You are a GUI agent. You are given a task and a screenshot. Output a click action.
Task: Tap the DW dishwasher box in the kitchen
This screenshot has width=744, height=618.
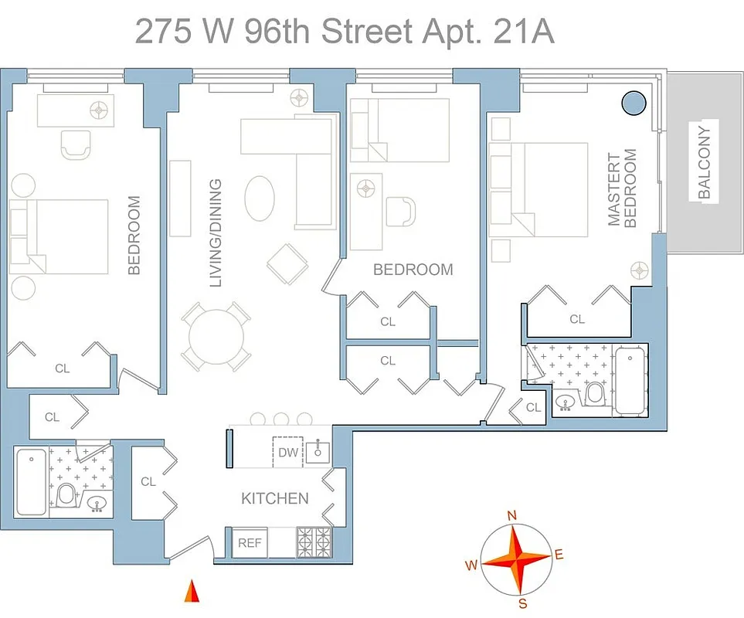(x=287, y=452)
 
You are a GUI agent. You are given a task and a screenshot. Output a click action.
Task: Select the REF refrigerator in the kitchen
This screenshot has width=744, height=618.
(x=249, y=543)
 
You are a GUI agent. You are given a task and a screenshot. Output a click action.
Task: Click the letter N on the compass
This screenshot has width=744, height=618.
(x=511, y=515)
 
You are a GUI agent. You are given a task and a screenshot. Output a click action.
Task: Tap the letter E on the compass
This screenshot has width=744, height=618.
(x=559, y=554)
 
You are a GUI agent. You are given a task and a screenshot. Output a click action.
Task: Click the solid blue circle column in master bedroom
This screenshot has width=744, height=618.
(x=634, y=101)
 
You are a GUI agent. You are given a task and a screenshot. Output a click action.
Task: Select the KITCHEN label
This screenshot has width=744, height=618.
(x=274, y=498)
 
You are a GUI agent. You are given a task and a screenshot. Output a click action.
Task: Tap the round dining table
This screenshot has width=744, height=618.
(x=216, y=337)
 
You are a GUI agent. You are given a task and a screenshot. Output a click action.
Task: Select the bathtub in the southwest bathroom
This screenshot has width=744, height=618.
(x=30, y=482)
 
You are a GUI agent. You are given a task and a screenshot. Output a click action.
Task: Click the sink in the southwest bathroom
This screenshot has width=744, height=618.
(x=97, y=504)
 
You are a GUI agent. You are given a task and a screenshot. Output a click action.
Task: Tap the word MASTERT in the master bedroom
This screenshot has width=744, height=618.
(x=614, y=190)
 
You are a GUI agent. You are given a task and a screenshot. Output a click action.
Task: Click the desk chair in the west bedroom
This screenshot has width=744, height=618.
(x=76, y=143)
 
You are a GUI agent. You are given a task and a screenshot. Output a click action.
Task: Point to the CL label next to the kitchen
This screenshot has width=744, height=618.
(x=148, y=481)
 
